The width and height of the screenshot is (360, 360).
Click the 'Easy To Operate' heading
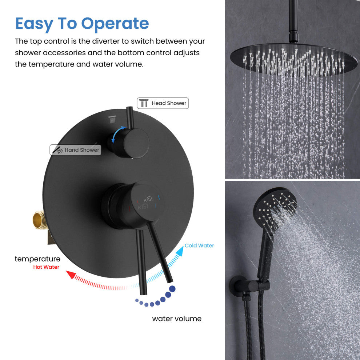pos(82,24)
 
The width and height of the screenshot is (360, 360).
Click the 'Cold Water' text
pos(199,246)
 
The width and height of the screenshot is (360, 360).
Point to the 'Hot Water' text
pos(46,267)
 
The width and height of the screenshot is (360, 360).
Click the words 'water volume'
pos(177,319)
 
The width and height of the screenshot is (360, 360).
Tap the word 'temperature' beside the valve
pos(37,259)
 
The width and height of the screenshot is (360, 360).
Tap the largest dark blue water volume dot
pos(172,289)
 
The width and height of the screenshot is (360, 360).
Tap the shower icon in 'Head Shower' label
pos(144,103)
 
